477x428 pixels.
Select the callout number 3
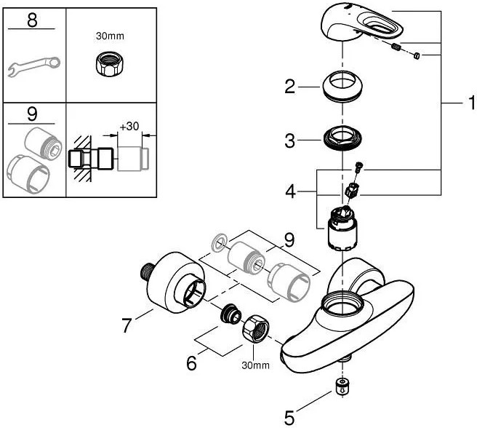(289, 140)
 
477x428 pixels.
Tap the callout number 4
(289, 193)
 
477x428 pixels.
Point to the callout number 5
(289, 418)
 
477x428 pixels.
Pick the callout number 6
(192, 362)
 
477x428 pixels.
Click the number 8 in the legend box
(32, 20)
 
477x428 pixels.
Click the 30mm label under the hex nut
(252, 365)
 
